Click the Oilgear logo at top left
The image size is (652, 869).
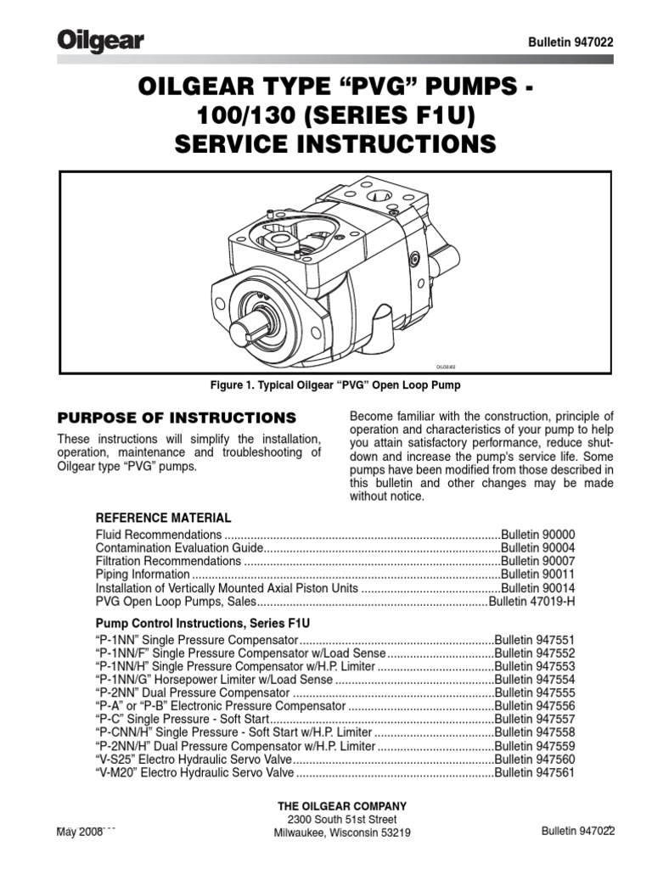click(100, 41)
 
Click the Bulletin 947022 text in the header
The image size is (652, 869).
click(570, 42)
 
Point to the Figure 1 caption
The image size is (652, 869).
click(334, 386)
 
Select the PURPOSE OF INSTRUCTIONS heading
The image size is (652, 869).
click(176, 418)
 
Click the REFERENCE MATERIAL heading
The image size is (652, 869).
click(163, 518)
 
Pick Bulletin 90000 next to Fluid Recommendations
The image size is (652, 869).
click(538, 535)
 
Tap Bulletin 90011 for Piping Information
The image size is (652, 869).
click(538, 575)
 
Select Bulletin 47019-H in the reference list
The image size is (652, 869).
click(532, 602)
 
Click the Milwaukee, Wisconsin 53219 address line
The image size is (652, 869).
click(342, 833)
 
